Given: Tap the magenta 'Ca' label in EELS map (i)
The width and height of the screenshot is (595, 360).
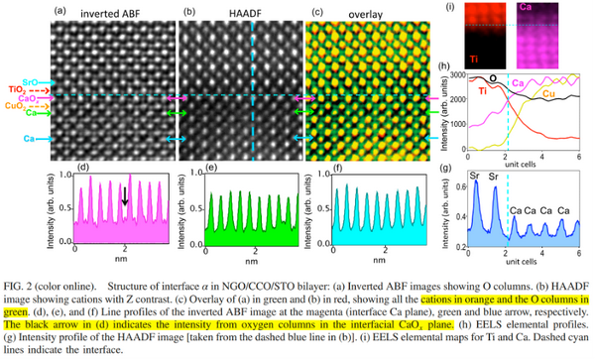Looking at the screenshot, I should coord(524,16).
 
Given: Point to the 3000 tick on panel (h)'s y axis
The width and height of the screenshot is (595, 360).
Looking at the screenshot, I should coord(456,74).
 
